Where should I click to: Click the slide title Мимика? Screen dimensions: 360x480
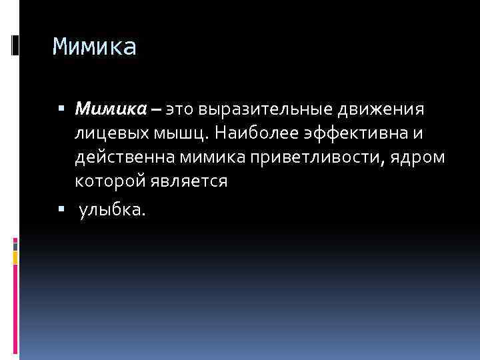click(x=94, y=47)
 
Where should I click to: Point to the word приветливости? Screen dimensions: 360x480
click(x=322, y=157)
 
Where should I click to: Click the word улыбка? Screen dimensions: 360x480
click(x=110, y=211)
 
